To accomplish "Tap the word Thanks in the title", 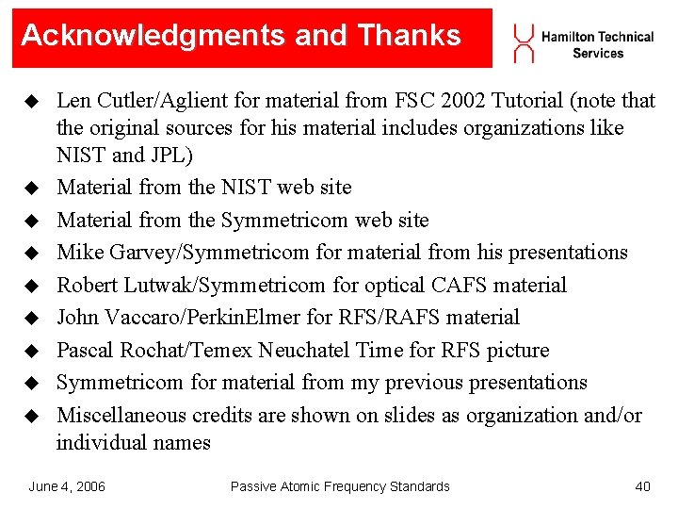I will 410,36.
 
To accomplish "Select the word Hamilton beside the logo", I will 568,37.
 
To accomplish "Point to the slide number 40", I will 642,486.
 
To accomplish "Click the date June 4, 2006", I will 67,486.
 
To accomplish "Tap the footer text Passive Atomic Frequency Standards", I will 340,486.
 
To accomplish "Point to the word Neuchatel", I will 301,351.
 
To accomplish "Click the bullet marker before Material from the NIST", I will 32,189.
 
